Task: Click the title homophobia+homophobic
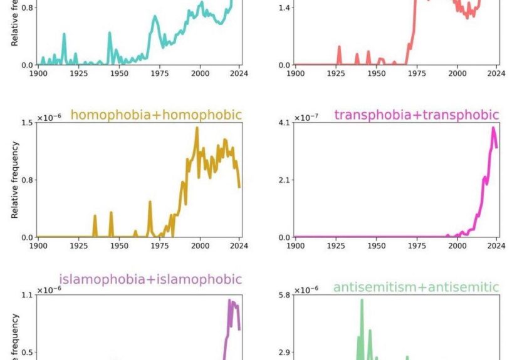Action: (x=155, y=115)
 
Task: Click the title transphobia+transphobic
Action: (x=417, y=115)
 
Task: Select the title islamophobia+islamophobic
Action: (x=150, y=279)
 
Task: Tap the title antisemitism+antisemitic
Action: (x=416, y=287)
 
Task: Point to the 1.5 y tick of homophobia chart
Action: (x=26, y=122)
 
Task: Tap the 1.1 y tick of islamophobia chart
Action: (x=26, y=295)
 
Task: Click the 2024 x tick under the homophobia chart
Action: (x=239, y=246)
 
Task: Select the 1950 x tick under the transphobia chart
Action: (x=376, y=246)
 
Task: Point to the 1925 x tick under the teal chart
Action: (x=78, y=73)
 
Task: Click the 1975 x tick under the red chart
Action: (x=417, y=73)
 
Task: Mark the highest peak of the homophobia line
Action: (x=197, y=128)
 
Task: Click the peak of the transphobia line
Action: (x=493, y=128)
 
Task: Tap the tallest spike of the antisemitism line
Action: (x=362, y=301)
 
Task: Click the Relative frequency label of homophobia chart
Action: (x=14, y=180)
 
